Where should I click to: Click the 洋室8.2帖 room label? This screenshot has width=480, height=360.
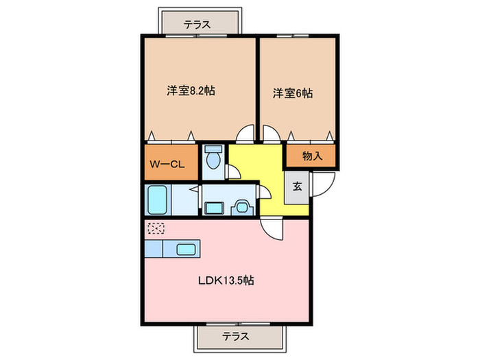point(190,91)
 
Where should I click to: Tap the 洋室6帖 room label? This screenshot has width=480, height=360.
point(293,93)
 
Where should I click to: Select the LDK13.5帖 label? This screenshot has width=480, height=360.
point(228,280)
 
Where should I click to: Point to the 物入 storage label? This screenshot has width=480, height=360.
point(312,156)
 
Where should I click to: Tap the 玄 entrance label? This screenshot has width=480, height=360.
point(297,186)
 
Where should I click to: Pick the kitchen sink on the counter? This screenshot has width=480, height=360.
point(186,249)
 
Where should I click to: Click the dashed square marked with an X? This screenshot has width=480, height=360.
point(156,229)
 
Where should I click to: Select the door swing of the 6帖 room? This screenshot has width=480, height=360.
point(269,135)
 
